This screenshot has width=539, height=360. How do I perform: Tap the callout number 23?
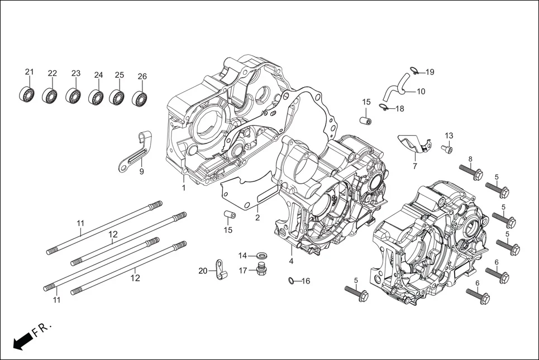click(76, 74)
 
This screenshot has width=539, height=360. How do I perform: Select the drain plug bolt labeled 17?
click(260, 270)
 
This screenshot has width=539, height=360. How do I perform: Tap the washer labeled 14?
click(260, 256)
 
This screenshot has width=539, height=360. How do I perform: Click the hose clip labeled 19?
click(414, 70)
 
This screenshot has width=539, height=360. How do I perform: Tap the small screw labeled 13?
click(447, 148)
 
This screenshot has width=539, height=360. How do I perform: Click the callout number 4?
click(291, 261)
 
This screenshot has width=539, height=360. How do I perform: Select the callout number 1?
click(183, 188)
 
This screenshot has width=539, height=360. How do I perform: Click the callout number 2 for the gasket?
click(257, 218)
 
